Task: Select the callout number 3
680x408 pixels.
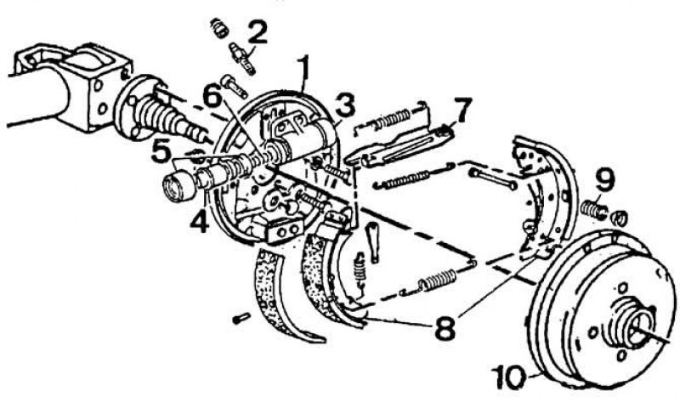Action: click(345, 106)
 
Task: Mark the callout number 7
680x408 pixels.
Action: click(462, 111)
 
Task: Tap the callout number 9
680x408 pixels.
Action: click(604, 180)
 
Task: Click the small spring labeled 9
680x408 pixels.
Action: click(592, 208)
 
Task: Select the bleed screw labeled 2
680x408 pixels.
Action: click(242, 57)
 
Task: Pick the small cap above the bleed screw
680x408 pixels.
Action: click(220, 28)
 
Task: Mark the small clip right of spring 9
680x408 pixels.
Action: click(619, 218)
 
